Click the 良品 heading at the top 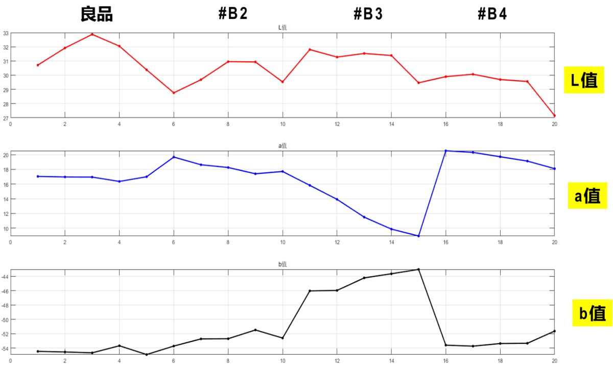pos(97,14)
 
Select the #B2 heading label pos(233,14)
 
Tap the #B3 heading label pos(368,14)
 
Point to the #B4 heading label pos(492,14)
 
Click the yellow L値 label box pos(583,80)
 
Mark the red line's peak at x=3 pos(92,34)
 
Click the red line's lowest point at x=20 pos(555,116)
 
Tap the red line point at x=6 pos(174,93)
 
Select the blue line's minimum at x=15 pos(418,236)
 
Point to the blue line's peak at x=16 pos(446,151)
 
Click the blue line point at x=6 pos(174,157)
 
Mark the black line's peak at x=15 pos(418,269)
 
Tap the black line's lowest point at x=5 pos(147,355)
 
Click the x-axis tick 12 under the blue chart pos(337,242)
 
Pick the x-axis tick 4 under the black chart pos(119,361)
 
